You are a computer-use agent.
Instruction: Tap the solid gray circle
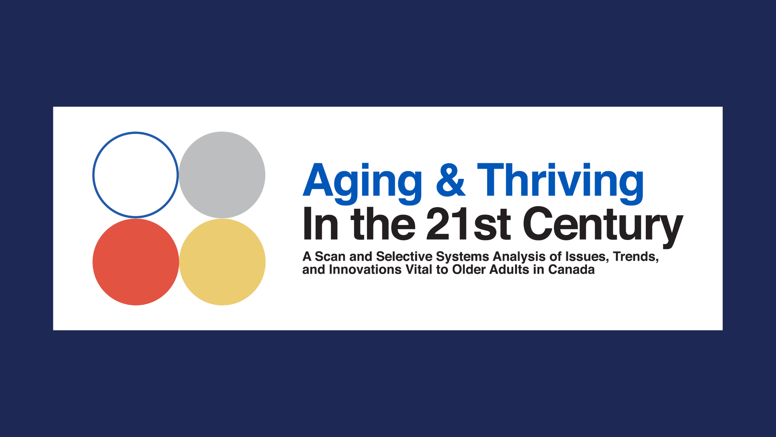222,175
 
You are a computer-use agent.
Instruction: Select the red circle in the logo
135,262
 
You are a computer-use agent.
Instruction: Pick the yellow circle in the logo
222,262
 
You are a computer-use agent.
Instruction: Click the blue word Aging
363,183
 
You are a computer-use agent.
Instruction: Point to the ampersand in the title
451,180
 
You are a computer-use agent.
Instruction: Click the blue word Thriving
561,183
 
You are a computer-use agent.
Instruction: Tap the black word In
321,223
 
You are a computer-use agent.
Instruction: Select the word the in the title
383,223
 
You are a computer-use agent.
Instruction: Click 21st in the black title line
468,223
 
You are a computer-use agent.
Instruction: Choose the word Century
603,227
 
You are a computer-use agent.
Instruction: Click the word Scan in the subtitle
330,257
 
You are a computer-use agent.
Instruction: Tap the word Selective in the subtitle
404,257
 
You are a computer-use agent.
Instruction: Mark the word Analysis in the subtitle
519,257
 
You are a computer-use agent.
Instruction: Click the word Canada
571,269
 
